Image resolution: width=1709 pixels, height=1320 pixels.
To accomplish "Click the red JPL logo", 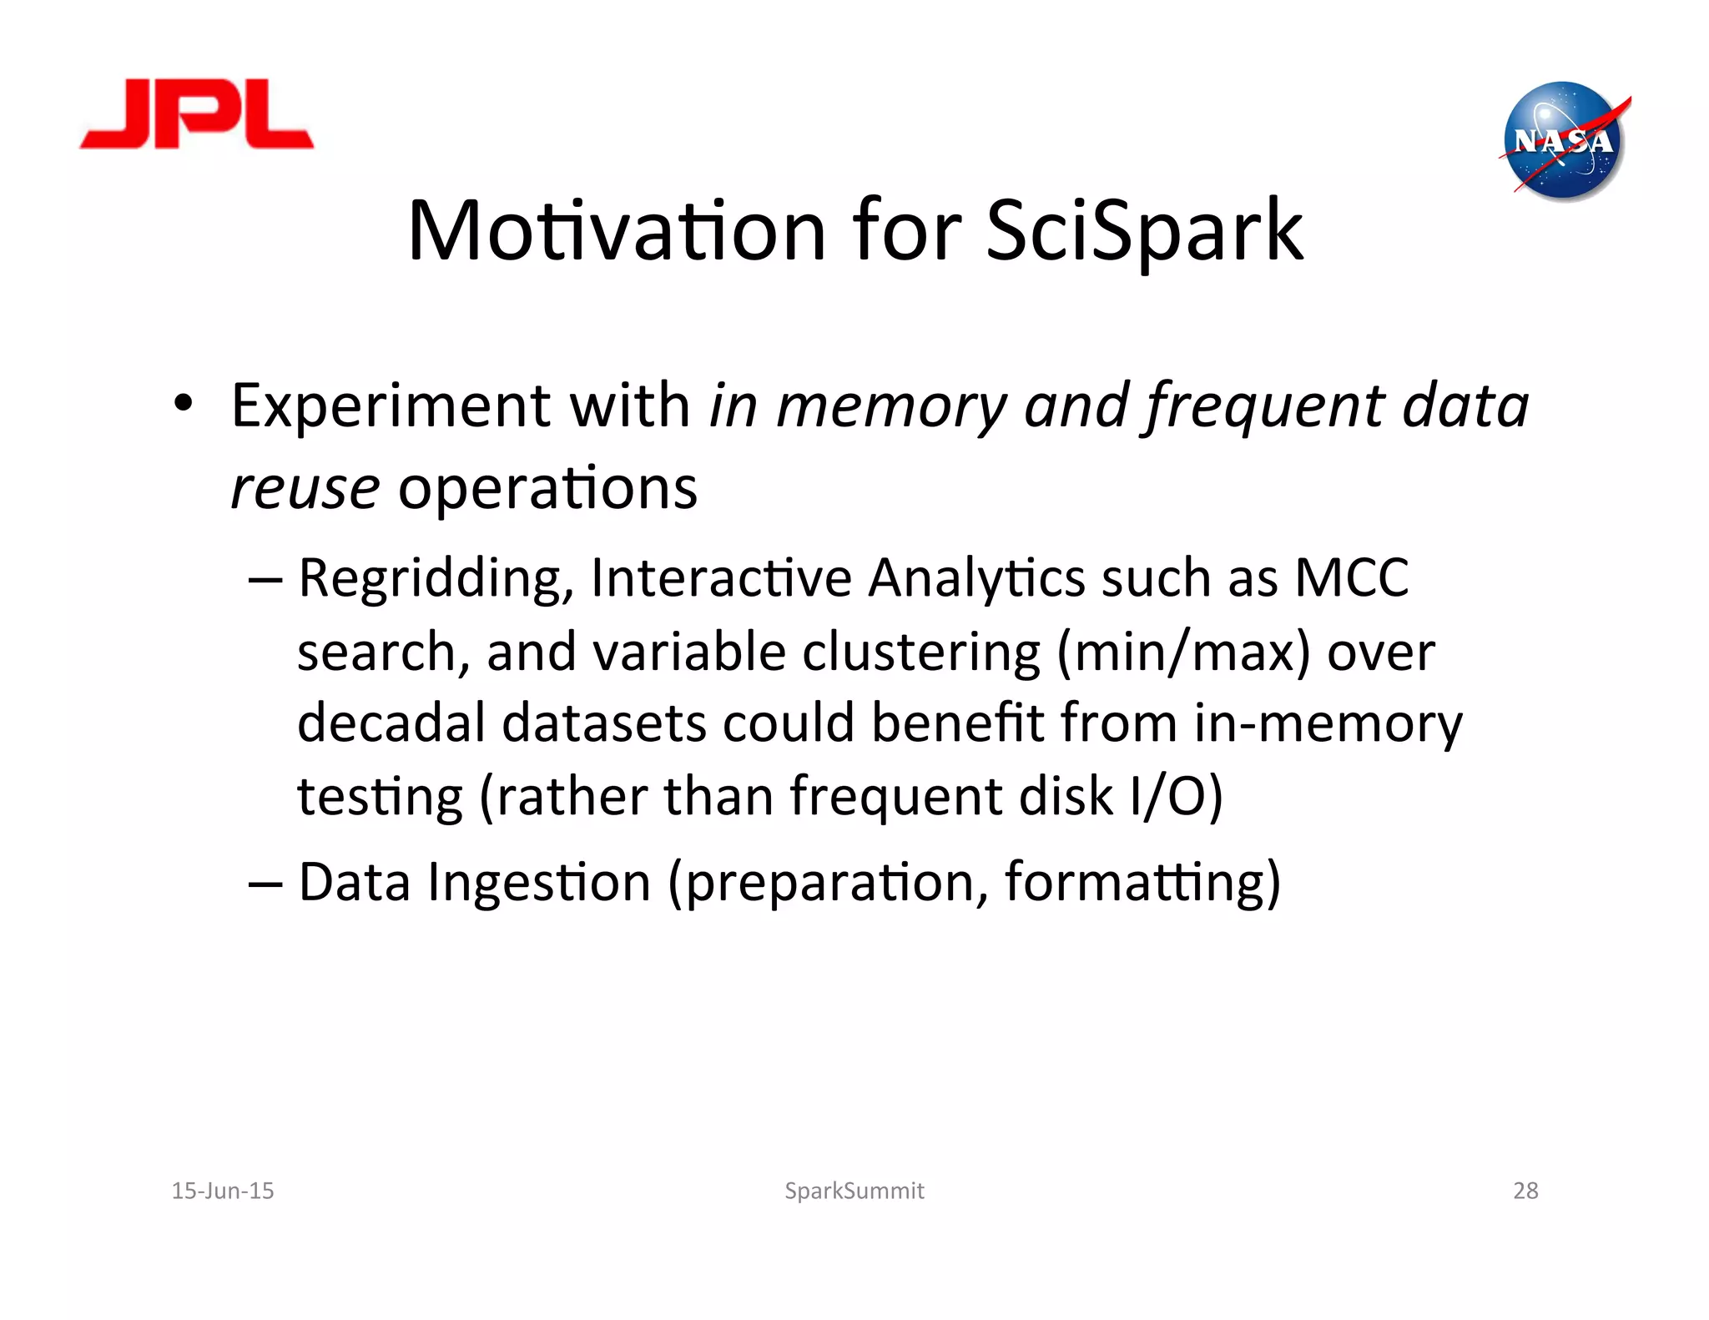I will pyautogui.click(x=197, y=115).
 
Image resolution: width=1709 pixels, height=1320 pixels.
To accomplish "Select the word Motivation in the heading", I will pyautogui.click(x=616, y=231).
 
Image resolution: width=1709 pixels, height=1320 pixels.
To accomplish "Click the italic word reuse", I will pyautogui.click(x=305, y=488).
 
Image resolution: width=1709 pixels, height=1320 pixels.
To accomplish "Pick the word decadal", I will pyautogui.click(x=391, y=723).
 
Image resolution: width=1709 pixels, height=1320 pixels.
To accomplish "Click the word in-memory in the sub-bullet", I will pyautogui.click(x=1327, y=723).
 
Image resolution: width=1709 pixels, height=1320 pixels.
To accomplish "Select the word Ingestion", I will pyautogui.click(x=538, y=883).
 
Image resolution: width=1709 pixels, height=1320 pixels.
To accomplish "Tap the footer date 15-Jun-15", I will pyautogui.click(x=222, y=1191).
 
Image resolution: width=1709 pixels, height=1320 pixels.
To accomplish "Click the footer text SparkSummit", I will pyautogui.click(x=854, y=1191).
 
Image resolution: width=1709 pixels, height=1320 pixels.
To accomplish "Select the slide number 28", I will pyautogui.click(x=1525, y=1191).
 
